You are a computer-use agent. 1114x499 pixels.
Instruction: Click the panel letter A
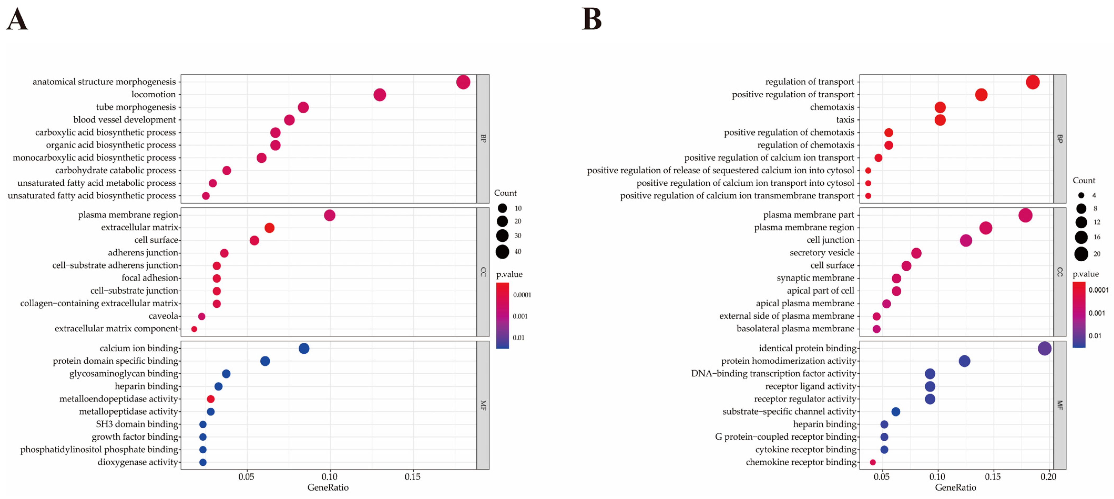pyautogui.click(x=17, y=19)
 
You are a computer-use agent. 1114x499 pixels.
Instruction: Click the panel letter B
pyautogui.click(x=592, y=19)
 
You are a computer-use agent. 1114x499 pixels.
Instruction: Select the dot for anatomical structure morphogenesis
pyautogui.click(x=463, y=82)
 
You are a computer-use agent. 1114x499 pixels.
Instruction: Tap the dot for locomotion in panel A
pyautogui.click(x=380, y=94)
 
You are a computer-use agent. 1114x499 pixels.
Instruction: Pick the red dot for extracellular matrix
pyautogui.click(x=269, y=228)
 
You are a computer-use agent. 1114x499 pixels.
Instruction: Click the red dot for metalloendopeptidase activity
pyautogui.click(x=211, y=399)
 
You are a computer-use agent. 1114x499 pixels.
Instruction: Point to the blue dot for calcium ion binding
pyautogui.click(x=304, y=348)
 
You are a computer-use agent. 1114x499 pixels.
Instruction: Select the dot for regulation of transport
pyautogui.click(x=1033, y=82)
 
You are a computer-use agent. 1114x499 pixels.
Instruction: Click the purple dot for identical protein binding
pyautogui.click(x=1044, y=348)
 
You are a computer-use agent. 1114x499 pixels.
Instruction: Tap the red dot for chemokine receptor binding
pyautogui.click(x=873, y=462)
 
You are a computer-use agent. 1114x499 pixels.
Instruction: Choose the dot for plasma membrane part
pyautogui.click(x=1025, y=215)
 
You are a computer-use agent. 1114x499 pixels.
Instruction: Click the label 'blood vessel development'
pyautogui.click(x=125, y=120)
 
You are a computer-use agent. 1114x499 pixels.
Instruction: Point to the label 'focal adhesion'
pyautogui.click(x=150, y=278)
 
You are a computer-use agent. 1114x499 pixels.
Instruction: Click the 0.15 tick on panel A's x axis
pyautogui.click(x=412, y=476)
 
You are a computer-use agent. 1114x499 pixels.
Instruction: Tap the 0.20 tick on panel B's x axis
pyautogui.click(x=1048, y=476)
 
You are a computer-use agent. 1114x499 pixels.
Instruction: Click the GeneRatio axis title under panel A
pyautogui.click(x=328, y=487)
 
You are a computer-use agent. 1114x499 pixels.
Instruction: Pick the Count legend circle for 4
pyautogui.click(x=1081, y=195)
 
